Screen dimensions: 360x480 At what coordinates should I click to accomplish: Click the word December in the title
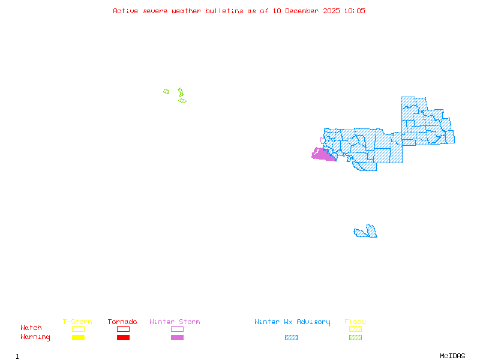[303, 11]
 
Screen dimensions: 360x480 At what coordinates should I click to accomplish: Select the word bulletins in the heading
[225, 11]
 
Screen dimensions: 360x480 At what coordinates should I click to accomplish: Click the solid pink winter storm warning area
[323, 155]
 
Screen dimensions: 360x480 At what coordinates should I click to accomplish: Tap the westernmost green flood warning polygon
[166, 92]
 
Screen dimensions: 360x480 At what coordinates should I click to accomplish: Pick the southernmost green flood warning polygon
[182, 101]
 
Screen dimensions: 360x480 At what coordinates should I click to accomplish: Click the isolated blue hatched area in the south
[366, 232]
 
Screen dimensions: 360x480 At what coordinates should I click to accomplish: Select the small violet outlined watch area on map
[322, 141]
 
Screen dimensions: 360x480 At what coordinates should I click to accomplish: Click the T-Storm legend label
[77, 322]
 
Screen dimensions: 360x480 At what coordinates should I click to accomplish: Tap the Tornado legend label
[122, 322]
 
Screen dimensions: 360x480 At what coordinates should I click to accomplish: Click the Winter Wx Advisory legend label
[292, 322]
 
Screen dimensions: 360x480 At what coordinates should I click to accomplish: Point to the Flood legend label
[355, 322]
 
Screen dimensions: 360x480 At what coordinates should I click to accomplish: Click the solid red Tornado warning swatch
[123, 338]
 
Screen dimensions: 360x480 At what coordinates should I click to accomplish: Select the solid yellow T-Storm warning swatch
[78, 338]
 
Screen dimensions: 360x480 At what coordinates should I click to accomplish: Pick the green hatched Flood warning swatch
[355, 338]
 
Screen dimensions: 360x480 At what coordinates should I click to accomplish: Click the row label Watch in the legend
[31, 328]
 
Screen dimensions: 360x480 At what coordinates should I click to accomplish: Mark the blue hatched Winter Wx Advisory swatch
[291, 338]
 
